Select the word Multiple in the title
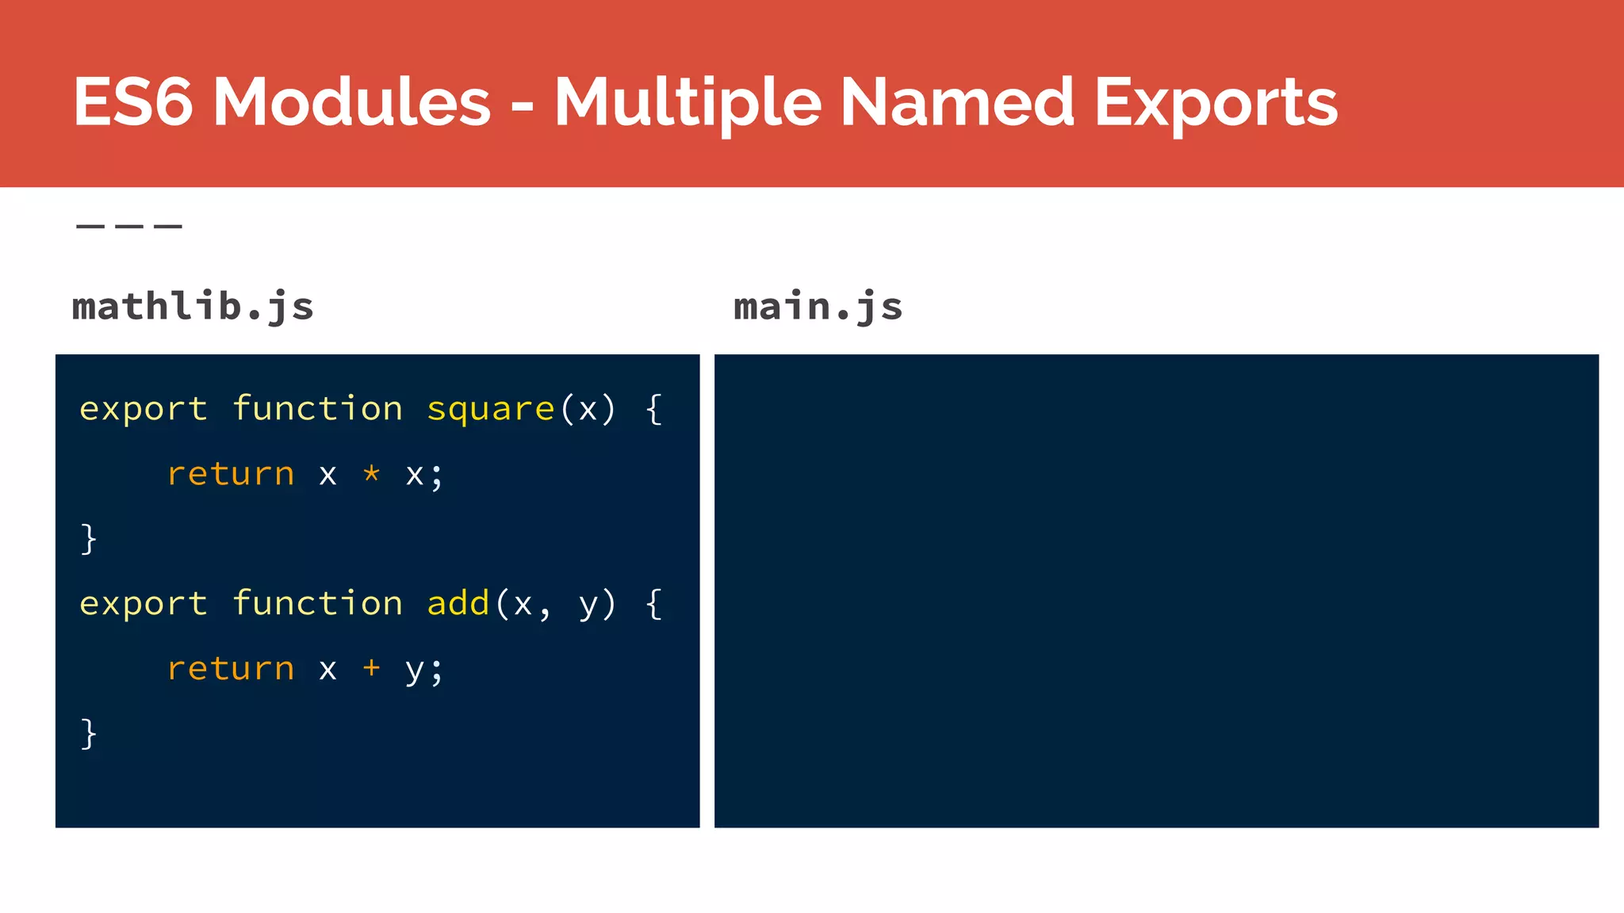(688, 103)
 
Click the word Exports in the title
(1216, 103)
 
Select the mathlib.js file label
(193, 307)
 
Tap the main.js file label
(818, 307)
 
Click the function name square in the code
(490, 409)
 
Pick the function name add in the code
(458, 604)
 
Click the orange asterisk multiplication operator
(371, 474)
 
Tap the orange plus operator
(371, 668)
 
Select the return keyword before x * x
(231, 474)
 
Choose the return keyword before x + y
(231, 669)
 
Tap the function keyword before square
(317, 409)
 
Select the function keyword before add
(317, 604)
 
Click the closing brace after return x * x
(89, 539)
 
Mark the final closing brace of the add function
(89, 733)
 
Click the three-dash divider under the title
(129, 227)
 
